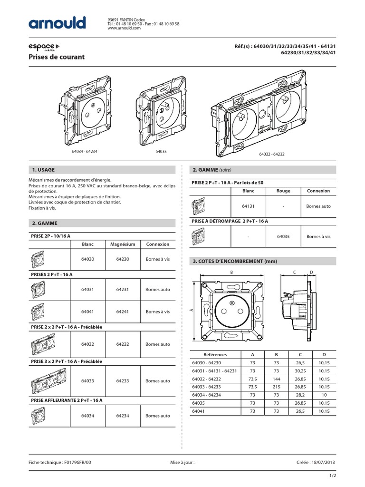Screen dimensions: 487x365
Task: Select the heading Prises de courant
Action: point(58,57)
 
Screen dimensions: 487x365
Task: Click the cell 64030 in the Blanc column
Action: point(87,260)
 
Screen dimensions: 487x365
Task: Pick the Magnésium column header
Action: point(123,244)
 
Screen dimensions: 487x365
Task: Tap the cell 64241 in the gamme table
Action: point(123,312)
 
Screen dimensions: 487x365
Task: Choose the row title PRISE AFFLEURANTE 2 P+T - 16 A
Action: point(67,400)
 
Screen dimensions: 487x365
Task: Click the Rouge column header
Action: point(283,191)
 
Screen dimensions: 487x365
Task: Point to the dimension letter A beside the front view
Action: point(191,310)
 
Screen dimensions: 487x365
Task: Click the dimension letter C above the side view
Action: point(295,272)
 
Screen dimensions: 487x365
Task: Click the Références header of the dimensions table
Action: point(215,355)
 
